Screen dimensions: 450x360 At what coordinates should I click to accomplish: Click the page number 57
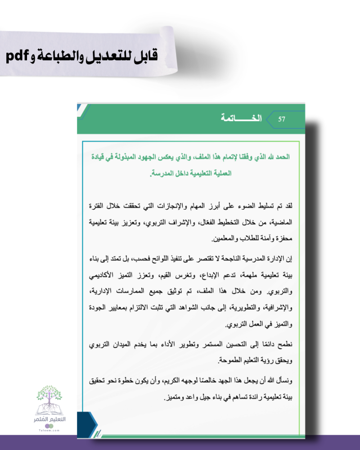(282, 119)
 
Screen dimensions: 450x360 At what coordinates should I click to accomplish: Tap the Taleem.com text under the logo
(49, 430)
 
